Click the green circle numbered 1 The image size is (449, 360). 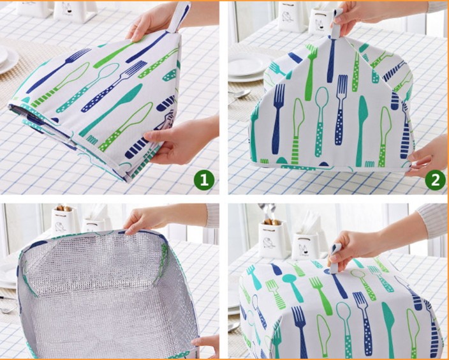(204, 180)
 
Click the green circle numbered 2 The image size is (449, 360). (435, 180)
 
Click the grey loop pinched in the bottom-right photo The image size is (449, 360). (335, 259)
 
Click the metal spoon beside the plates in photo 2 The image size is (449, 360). (240, 94)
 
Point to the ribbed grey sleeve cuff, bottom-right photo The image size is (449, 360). (433, 221)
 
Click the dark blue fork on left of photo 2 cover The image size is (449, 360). (278, 118)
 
